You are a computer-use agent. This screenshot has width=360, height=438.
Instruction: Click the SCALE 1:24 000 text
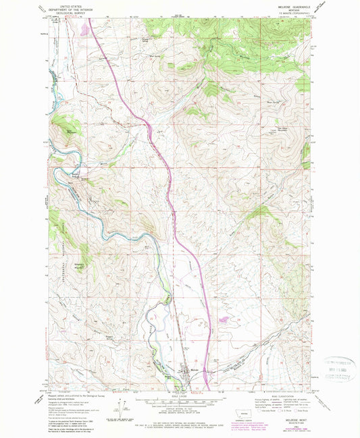[178, 394]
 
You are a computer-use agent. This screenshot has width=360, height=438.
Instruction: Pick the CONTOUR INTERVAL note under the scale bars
[178, 411]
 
